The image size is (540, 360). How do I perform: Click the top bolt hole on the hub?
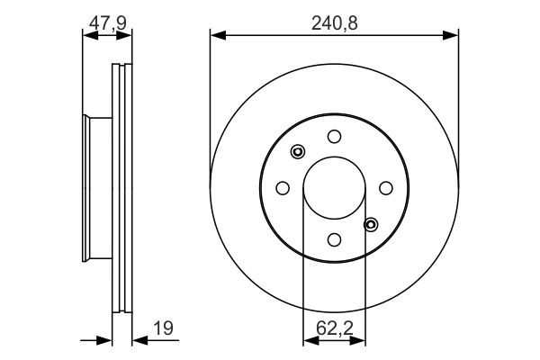tap(334, 136)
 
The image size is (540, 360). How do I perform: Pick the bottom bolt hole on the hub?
tap(334, 239)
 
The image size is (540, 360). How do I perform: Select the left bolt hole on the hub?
tap(282, 187)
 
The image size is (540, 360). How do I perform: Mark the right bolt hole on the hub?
tap(386, 187)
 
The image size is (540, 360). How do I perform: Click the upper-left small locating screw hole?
tap(299, 152)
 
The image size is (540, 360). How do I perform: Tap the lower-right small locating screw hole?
tap(370, 223)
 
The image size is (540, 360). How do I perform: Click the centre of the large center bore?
tap(334, 187)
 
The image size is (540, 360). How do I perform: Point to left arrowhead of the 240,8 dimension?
tap(216, 35)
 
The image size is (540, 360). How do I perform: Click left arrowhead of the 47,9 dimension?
tap(87, 35)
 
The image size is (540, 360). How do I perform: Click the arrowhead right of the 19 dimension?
tap(138, 340)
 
